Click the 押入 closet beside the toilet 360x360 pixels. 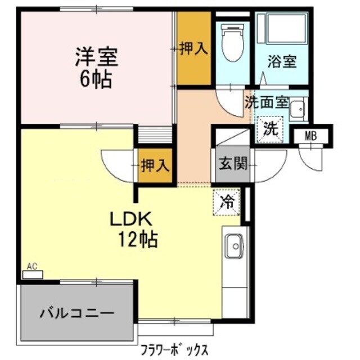(x=194, y=49)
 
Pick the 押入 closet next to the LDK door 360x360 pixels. (x=155, y=166)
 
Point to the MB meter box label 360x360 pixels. (x=310, y=136)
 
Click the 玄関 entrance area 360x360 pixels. (x=232, y=164)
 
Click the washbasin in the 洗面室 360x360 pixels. (x=296, y=109)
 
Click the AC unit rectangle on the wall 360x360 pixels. (x=33, y=276)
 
